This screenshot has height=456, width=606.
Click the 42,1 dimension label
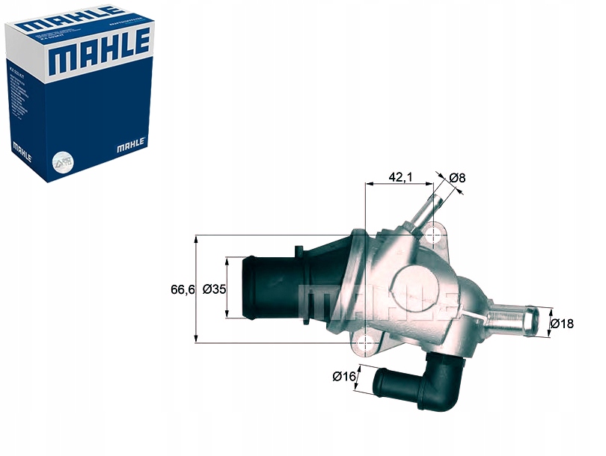401,177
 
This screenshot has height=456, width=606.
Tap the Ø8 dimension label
458,178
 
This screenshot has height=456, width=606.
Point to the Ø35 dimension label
214,289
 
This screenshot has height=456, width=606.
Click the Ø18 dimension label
562,323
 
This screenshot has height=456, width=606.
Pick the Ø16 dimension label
343,376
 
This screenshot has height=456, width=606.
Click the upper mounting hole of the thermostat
434,235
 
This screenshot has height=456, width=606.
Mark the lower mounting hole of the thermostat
365,343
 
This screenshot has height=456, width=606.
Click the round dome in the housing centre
414,284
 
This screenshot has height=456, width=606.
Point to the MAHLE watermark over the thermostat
378,301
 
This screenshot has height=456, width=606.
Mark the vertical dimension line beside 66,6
196,289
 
